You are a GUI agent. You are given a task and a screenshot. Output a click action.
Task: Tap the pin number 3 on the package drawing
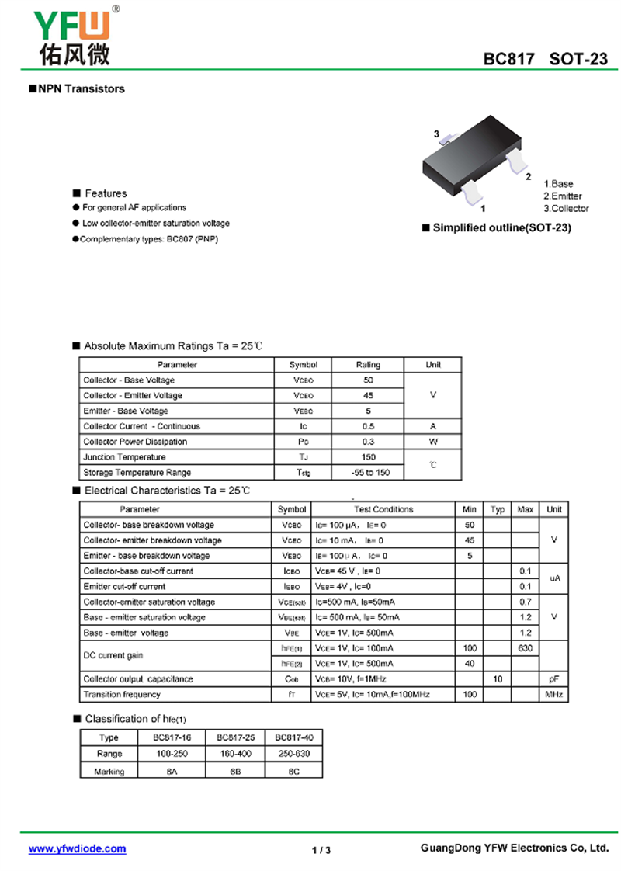click(437, 134)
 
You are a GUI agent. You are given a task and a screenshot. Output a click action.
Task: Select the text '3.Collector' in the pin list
click(566, 208)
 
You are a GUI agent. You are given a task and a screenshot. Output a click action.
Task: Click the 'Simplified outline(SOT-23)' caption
click(501, 228)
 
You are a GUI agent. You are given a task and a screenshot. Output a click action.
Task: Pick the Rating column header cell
click(368, 364)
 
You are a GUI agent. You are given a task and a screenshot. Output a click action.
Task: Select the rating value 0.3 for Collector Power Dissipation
click(368, 442)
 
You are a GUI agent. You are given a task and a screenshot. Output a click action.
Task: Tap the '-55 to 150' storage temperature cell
click(368, 472)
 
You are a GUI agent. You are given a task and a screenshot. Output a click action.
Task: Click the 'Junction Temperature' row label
click(124, 457)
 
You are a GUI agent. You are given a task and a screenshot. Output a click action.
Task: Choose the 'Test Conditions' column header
click(383, 509)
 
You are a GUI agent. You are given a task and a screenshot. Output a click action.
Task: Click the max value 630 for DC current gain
click(525, 648)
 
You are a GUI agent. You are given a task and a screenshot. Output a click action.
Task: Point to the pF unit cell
click(553, 678)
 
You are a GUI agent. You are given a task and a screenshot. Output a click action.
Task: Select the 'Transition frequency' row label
click(122, 694)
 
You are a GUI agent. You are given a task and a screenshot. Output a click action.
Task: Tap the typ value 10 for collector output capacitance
click(498, 678)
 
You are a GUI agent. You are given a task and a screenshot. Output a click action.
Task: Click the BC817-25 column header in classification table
click(235, 737)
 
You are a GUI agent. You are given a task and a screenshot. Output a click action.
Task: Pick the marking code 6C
click(293, 771)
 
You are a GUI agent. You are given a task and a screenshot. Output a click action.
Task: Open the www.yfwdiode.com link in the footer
click(77, 849)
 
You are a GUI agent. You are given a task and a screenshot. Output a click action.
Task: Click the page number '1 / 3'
click(321, 850)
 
